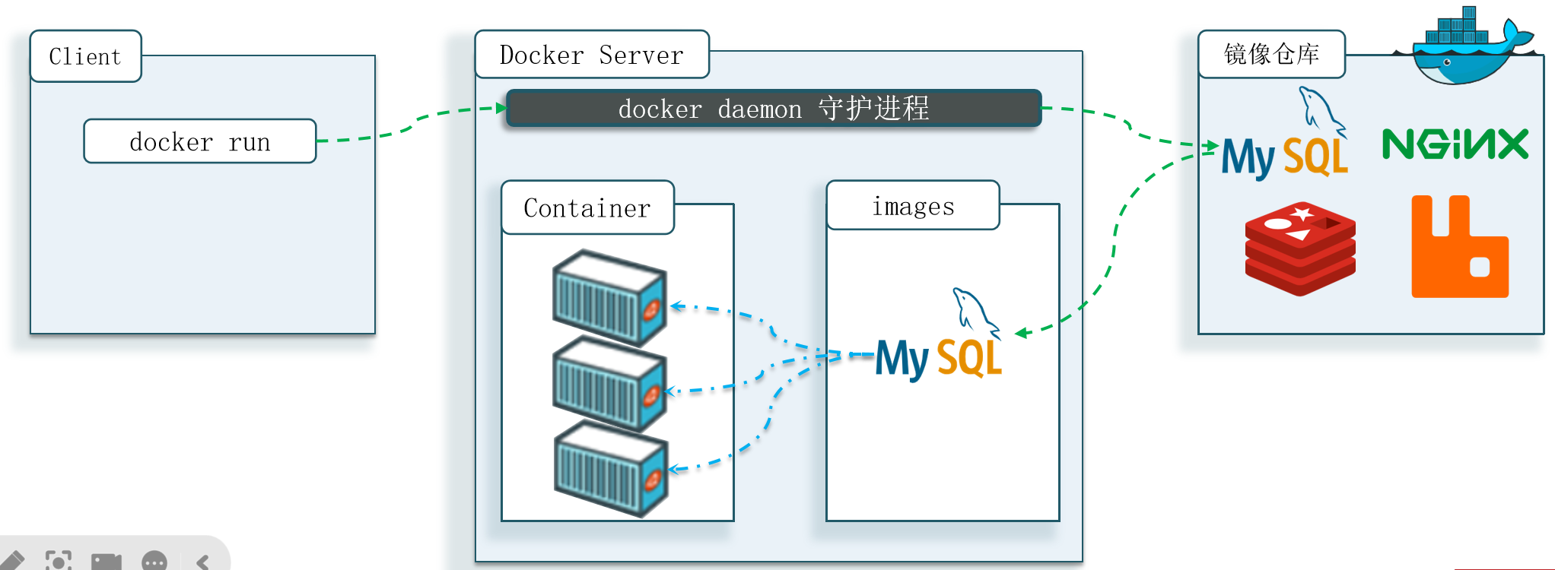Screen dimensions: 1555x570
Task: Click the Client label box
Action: click(x=86, y=56)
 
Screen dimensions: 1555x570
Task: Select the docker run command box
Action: click(x=200, y=141)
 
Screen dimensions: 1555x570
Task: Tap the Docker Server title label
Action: click(x=592, y=55)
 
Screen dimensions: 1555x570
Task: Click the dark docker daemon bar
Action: click(x=774, y=109)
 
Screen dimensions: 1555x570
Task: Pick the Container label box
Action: click(x=588, y=207)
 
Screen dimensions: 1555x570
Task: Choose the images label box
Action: click(x=913, y=205)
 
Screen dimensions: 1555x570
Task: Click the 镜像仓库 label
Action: click(x=1272, y=54)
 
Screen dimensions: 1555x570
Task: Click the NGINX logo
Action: click(x=1455, y=144)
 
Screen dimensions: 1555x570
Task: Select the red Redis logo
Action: click(x=1300, y=249)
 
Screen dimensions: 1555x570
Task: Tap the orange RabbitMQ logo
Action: click(x=1460, y=246)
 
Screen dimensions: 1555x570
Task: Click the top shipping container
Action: click(x=610, y=298)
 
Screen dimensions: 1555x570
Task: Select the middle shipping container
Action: click(x=610, y=384)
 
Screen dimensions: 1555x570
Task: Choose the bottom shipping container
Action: click(x=612, y=469)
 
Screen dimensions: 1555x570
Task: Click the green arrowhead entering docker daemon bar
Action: click(x=501, y=108)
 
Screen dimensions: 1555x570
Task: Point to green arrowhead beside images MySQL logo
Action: click(x=1022, y=332)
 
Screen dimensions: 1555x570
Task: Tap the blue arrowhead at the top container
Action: click(x=676, y=306)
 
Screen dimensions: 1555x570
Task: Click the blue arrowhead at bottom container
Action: click(x=675, y=469)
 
